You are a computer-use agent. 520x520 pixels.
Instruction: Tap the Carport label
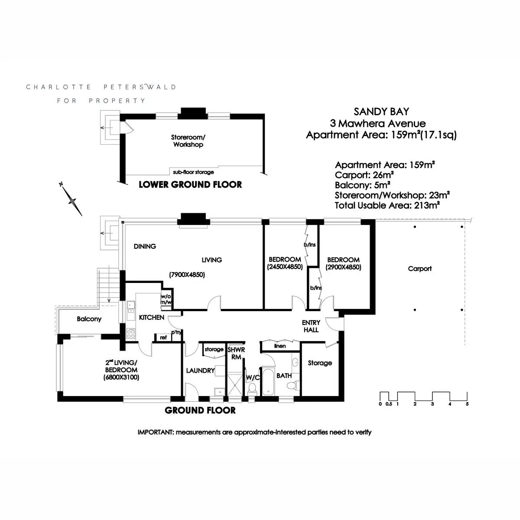click(x=419, y=269)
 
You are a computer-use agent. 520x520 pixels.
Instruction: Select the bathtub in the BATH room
click(x=268, y=382)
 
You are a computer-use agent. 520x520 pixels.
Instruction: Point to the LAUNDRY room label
click(x=200, y=370)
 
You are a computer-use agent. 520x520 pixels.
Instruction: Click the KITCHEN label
click(x=151, y=318)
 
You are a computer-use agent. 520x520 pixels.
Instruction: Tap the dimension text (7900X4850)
click(x=187, y=275)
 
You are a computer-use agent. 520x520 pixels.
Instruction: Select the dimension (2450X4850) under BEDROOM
click(x=285, y=267)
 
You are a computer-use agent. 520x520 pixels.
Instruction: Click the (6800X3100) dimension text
click(x=121, y=377)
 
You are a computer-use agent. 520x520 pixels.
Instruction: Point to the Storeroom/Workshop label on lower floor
click(x=188, y=141)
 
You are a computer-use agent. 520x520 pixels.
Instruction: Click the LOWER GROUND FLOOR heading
click(x=190, y=185)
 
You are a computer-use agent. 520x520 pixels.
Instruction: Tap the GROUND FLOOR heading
click(x=200, y=410)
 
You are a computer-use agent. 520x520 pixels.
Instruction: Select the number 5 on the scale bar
click(x=467, y=404)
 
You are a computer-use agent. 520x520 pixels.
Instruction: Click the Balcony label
click(x=89, y=319)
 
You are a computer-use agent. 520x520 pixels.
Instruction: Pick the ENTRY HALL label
click(x=311, y=326)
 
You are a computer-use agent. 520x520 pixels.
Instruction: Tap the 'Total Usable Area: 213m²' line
click(x=387, y=205)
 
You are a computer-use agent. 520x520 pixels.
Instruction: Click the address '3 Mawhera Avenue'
click(x=378, y=123)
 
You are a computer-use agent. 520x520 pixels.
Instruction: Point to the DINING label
click(x=145, y=246)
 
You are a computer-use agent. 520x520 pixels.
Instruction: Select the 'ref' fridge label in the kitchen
click(x=163, y=338)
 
